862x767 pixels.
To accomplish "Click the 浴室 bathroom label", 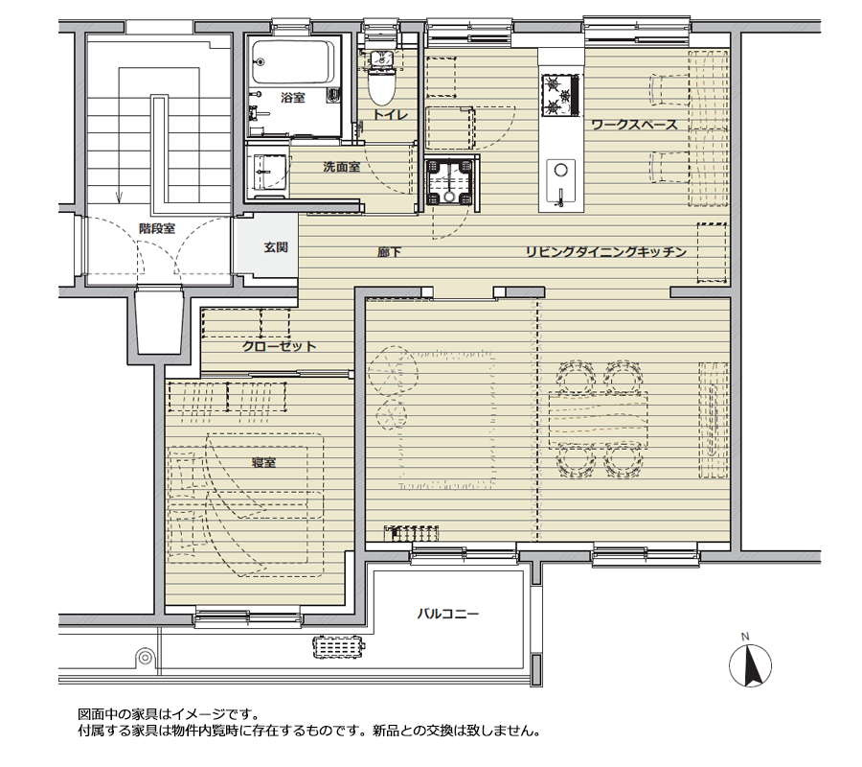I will [293, 99].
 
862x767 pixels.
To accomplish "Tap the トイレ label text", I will [390, 114].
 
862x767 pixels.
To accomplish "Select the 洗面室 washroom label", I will [341, 166].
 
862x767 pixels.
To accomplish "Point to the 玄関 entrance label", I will [276, 246].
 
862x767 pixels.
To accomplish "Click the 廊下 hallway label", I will [388, 253].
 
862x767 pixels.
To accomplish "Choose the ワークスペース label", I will [634, 125].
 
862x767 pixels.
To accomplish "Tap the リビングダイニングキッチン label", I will [605, 252].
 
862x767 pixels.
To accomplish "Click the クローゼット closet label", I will [279, 346].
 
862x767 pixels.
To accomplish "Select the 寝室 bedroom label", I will [263, 462].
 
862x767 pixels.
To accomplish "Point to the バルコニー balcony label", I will [447, 614].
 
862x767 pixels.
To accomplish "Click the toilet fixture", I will [380, 79].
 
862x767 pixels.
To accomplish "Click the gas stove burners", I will [561, 92].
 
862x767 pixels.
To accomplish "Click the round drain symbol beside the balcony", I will [145, 658].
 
